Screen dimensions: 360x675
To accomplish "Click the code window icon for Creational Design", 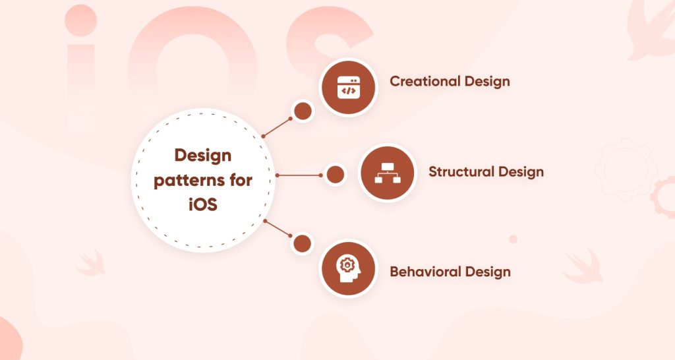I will point(347,87).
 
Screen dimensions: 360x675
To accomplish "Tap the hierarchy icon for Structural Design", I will point(386,173).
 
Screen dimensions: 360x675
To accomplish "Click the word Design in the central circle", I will point(203,156).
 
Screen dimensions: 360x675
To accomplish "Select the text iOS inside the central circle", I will point(203,204).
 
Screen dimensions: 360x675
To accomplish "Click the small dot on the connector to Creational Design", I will point(303,111).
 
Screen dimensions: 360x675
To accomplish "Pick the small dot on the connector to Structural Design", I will point(335,175).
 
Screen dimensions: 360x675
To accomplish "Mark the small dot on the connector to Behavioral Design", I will point(302,243).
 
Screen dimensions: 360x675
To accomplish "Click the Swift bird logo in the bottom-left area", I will point(90,262).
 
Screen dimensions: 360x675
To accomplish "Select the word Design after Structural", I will point(521,172).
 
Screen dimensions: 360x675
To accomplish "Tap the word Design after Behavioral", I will point(488,272).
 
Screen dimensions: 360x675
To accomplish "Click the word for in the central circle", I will point(240,180).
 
